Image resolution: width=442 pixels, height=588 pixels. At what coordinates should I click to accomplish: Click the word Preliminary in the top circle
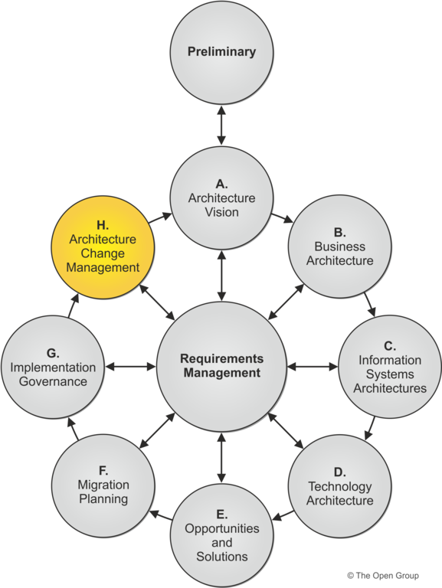click(221, 51)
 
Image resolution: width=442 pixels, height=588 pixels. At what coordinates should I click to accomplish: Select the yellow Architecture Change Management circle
click(103, 247)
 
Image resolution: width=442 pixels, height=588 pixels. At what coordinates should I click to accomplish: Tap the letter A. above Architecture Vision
click(221, 184)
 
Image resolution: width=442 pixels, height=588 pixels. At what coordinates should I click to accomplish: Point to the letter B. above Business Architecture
click(340, 233)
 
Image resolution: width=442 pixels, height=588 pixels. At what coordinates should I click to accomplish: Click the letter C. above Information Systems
click(390, 346)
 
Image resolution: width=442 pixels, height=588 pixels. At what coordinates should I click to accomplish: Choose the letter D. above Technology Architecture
click(340, 472)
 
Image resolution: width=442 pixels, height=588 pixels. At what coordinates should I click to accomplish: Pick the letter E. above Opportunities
click(221, 514)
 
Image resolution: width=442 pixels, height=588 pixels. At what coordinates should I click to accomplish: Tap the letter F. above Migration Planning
click(103, 471)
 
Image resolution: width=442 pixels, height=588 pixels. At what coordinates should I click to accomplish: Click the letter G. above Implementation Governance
click(53, 353)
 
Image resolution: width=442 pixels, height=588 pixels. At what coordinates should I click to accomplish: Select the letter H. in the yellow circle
click(103, 225)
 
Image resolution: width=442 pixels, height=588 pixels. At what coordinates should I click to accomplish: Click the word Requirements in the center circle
click(221, 358)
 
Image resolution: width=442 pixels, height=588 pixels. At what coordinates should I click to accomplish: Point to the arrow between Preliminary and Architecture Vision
click(221, 126)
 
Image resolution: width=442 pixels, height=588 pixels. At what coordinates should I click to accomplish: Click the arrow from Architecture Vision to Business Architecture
click(282, 218)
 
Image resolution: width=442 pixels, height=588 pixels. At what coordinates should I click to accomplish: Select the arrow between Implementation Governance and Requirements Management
click(130, 367)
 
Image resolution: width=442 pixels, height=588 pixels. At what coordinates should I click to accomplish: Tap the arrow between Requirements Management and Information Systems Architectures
click(313, 367)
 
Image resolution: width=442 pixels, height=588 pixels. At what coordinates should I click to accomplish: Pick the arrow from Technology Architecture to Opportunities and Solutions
click(283, 515)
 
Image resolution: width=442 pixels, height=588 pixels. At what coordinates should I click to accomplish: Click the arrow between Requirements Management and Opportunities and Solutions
click(221, 458)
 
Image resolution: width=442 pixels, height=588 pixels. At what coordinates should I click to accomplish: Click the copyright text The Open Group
click(383, 575)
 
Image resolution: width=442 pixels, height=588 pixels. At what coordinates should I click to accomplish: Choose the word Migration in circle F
click(103, 485)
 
